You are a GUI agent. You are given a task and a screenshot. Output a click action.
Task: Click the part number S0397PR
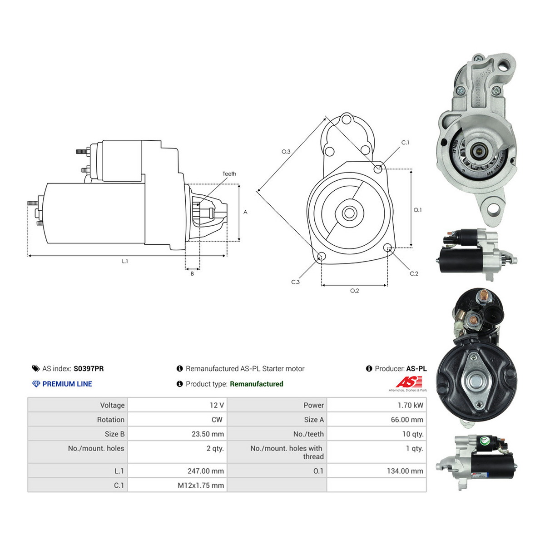(89, 368)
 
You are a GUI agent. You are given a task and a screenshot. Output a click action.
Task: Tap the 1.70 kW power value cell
(410, 405)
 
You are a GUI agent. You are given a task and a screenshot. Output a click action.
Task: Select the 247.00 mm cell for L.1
(206, 471)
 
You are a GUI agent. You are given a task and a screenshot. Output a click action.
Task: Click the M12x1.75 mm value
(201, 486)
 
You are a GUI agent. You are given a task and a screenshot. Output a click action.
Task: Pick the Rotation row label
(110, 420)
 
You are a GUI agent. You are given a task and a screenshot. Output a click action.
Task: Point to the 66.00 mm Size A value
(407, 420)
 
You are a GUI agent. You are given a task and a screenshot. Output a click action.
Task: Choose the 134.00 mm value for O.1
(405, 471)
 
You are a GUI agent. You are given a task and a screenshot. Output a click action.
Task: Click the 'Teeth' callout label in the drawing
(229, 173)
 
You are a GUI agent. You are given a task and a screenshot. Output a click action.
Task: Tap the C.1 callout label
(405, 143)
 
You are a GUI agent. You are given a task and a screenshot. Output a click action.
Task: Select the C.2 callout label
(414, 273)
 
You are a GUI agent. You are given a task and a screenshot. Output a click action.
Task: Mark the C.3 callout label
(295, 282)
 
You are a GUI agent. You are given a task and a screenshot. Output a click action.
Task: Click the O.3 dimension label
(286, 152)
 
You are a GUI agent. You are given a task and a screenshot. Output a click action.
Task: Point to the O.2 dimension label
(354, 291)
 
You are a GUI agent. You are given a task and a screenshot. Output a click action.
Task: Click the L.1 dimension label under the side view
(125, 261)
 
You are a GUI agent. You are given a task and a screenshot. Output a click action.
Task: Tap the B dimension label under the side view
(192, 273)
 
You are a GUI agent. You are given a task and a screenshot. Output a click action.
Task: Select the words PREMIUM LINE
(67, 384)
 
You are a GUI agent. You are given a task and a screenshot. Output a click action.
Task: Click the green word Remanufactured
(257, 384)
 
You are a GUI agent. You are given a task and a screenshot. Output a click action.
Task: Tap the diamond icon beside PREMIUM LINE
(36, 384)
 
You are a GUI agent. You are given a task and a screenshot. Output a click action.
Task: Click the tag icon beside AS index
(36, 368)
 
